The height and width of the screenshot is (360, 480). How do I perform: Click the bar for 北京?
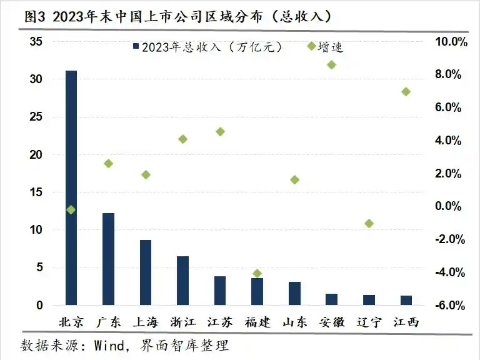coord(71,187)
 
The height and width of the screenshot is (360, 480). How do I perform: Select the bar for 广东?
coord(108,259)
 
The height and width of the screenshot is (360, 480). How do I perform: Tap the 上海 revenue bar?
coord(146,272)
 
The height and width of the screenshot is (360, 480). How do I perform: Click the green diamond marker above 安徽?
coord(331,64)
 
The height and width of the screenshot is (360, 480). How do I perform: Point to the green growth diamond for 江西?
coord(406,91)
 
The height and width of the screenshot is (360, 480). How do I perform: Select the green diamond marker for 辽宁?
coord(369,223)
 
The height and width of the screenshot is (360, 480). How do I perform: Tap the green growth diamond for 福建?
coord(257,273)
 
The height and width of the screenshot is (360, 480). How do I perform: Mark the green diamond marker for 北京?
coord(71,210)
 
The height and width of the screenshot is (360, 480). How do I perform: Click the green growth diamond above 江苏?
coord(220,131)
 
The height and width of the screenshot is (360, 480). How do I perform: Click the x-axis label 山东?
coord(294,322)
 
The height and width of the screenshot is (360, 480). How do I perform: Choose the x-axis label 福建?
coord(257,322)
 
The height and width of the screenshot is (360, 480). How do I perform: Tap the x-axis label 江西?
coord(406,322)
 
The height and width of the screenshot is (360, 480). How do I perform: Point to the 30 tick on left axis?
coord(37,79)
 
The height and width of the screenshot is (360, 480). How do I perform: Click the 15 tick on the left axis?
coord(37,192)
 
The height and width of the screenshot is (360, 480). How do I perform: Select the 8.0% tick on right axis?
coord(447,74)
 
